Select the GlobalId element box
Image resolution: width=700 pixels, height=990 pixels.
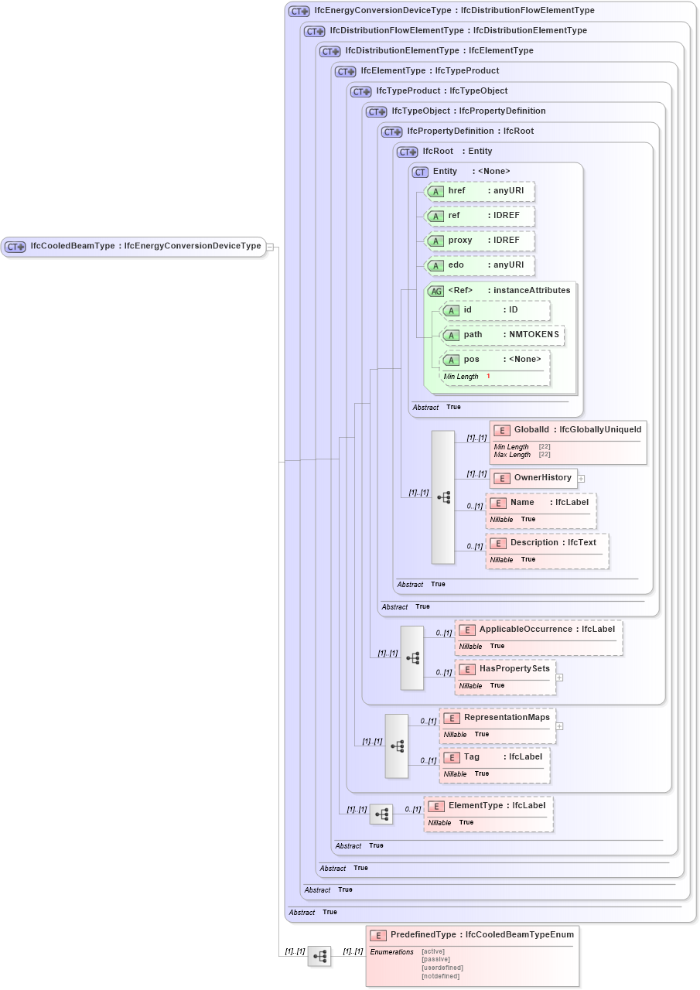pos(568,430)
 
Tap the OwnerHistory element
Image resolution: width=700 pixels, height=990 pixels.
pos(534,478)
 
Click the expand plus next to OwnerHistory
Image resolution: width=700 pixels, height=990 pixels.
pos(581,479)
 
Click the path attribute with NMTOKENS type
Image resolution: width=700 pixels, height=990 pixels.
pos(502,335)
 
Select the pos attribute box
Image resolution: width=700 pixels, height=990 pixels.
pos(495,360)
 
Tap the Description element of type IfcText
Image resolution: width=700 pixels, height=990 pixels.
pos(547,543)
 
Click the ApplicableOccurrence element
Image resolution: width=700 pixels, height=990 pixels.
pos(538,630)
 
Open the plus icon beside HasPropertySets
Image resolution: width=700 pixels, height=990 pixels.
pos(559,678)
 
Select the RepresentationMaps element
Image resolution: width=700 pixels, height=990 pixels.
pos(497,718)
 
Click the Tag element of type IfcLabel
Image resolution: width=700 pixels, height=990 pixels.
pos(495,757)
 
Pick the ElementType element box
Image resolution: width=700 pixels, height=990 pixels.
pos(488,806)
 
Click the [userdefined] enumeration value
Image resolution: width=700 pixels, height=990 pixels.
pos(442,968)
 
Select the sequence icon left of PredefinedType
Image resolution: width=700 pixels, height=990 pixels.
pos(319,956)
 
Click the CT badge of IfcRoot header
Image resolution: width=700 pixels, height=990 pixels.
pos(407,152)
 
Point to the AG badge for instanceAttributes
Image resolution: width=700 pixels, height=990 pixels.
pos(436,291)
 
